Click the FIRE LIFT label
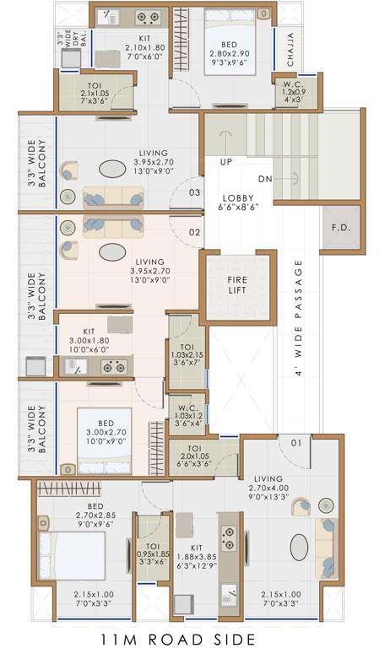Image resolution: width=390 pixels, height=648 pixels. (x=237, y=286)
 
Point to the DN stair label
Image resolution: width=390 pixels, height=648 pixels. (x=264, y=179)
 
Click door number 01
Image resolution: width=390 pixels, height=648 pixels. (x=296, y=442)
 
